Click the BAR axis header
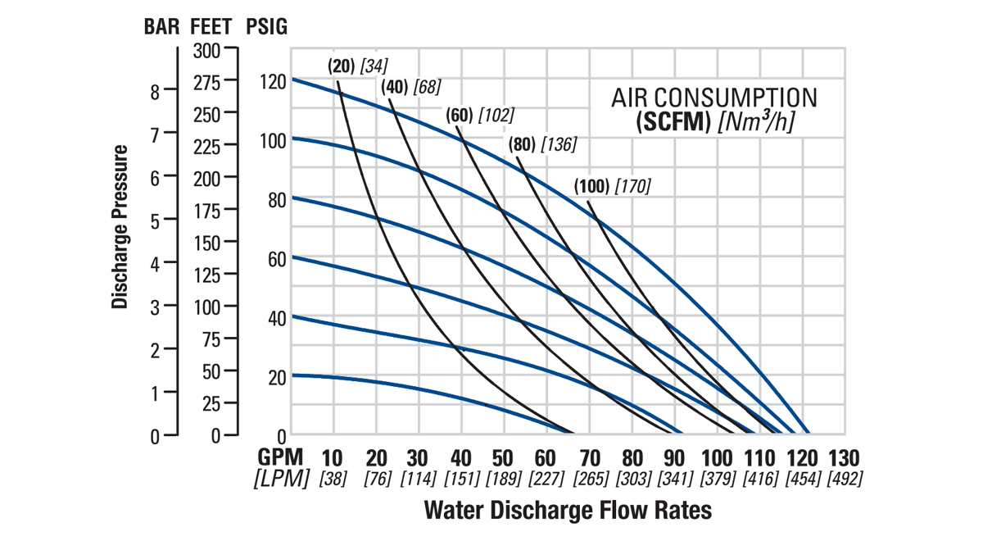pyautogui.click(x=162, y=27)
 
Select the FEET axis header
pyautogui.click(x=211, y=27)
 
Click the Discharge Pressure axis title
pyautogui.click(x=120, y=227)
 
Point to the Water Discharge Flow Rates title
pyautogui.click(x=568, y=511)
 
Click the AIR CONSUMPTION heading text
pyautogui.click(x=714, y=98)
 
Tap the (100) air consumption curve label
pyautogui.click(x=591, y=186)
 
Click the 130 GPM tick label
pyautogui.click(x=845, y=457)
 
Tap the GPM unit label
pyautogui.click(x=282, y=457)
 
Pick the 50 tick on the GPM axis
pyautogui.click(x=505, y=457)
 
